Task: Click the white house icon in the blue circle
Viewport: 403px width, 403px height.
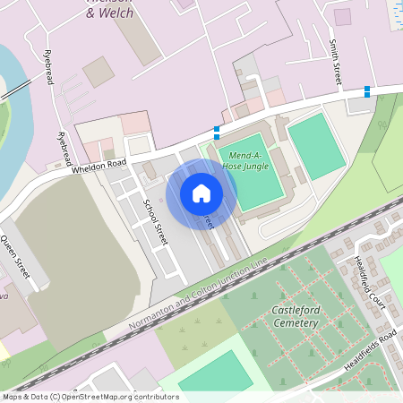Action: coord(201,193)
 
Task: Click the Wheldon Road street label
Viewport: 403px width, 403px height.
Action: coord(100,165)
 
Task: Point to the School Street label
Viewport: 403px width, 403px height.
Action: coord(155,221)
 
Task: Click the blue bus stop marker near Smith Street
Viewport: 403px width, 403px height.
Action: coord(367,91)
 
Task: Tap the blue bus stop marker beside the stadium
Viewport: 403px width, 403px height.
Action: coord(217,133)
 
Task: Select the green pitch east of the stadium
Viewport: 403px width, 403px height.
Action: coord(316,145)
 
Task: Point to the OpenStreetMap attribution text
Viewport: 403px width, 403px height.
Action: coord(90,397)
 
